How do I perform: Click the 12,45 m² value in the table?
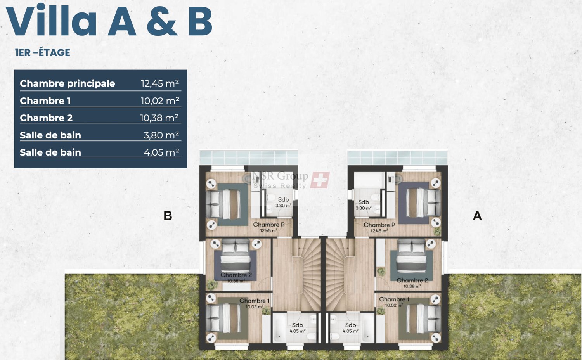159,83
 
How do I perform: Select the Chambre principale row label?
68,83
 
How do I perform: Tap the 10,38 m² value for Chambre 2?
159,118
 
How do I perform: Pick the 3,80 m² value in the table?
161,135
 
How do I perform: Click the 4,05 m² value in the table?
161,152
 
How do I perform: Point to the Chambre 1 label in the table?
45,101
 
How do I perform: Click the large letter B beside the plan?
168,216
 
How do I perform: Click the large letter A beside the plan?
477,216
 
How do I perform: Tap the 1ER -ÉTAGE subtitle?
43,53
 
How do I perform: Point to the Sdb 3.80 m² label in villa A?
364,204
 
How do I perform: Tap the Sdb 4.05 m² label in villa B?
297,327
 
